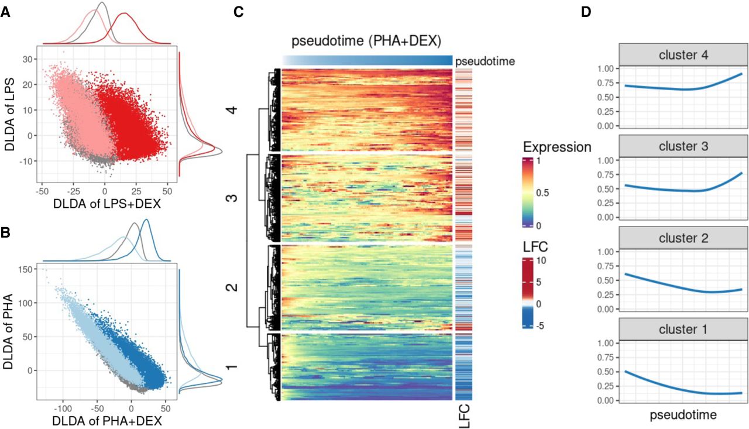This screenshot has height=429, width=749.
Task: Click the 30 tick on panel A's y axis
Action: [27, 60]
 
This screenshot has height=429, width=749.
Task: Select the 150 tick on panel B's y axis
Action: [24, 269]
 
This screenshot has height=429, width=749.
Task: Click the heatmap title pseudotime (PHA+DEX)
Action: [366, 42]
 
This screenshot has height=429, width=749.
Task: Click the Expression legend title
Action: [557, 146]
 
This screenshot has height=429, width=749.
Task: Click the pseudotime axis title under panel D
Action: [683, 415]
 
